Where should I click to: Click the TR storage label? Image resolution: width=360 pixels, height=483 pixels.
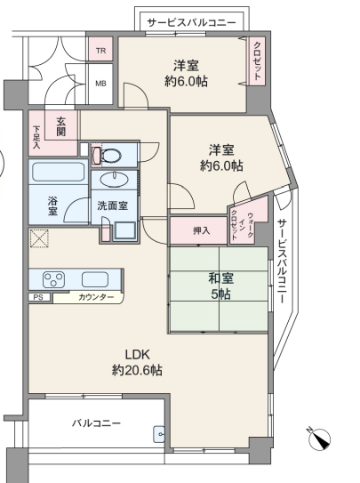point(100,50)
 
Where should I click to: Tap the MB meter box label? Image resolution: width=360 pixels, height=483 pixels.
point(100,84)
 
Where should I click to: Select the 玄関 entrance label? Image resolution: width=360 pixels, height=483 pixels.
point(61,126)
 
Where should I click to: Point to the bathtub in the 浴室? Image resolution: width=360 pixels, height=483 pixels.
point(58,172)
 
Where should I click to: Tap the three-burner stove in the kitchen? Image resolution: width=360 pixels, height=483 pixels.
point(53,279)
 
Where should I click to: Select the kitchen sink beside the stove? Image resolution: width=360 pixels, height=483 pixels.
point(95,279)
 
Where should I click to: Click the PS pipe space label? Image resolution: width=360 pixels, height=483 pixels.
point(38,298)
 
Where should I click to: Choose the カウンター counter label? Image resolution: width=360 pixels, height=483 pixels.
point(96,297)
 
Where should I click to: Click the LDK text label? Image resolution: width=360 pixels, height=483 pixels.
point(137,355)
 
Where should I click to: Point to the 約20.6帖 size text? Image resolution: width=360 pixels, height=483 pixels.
point(137,370)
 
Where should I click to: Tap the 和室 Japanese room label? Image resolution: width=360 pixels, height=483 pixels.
point(221,278)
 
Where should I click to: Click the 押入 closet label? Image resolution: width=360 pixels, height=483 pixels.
point(202,230)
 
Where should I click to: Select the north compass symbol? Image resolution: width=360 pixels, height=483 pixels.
point(319,439)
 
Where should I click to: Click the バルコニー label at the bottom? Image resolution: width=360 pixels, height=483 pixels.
point(96,423)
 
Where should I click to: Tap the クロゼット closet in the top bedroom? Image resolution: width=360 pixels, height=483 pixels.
point(257,60)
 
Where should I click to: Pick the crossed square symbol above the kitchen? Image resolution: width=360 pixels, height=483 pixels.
point(39,238)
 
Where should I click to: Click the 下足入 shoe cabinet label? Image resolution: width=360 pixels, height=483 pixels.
point(36,137)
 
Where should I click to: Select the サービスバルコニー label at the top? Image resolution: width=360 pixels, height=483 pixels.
point(191,23)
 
